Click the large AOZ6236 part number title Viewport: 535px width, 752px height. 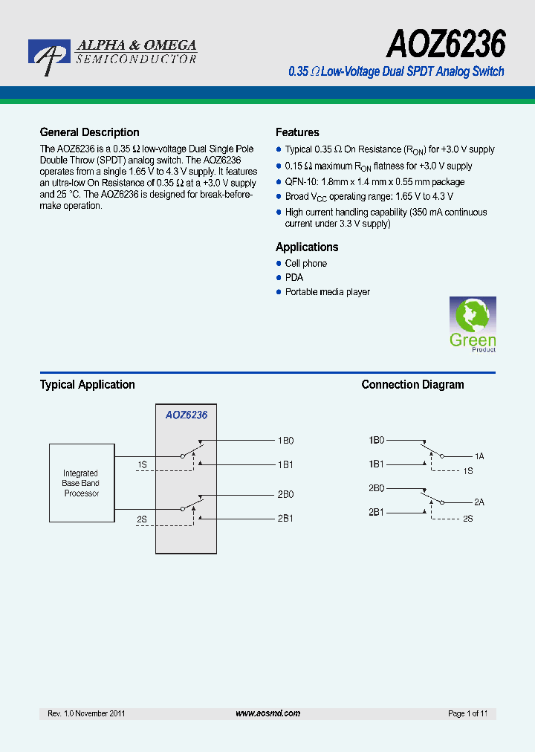click(445, 45)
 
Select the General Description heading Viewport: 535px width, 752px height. click(89, 132)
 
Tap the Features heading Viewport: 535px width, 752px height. click(297, 132)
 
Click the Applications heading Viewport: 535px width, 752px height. click(307, 247)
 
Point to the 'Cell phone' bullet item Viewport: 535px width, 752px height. click(305, 264)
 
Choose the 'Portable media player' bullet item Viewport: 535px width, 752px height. click(327, 292)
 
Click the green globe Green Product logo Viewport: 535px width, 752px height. click(473, 324)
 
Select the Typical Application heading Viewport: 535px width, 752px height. click(87, 385)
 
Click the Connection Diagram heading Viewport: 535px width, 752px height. click(412, 385)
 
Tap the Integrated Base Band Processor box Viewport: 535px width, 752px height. click(81, 483)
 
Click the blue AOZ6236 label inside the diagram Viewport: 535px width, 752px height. click(187, 415)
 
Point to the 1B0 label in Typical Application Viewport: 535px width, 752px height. click(286, 441)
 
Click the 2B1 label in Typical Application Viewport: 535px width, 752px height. click(286, 518)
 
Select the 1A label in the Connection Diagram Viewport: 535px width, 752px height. click(479, 456)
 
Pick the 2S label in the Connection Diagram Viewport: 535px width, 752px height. click(468, 518)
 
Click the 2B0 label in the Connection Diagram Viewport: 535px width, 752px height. click(376, 488)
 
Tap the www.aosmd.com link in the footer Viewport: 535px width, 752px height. click(267, 713)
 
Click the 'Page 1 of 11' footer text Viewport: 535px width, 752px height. click(468, 713)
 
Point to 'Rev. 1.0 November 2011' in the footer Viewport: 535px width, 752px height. click(86, 713)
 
